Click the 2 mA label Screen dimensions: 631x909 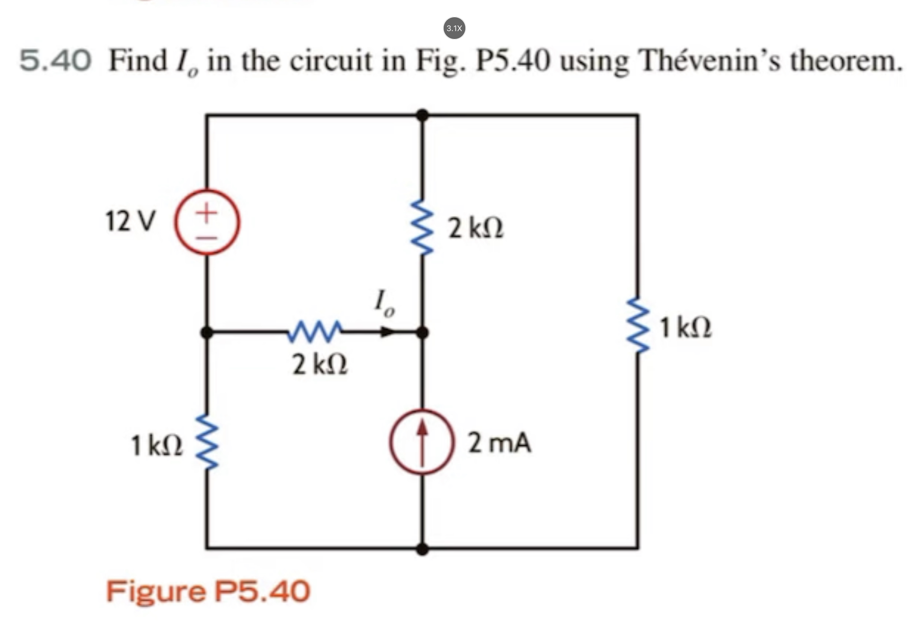(x=500, y=443)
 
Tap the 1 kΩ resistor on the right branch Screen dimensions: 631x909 (x=638, y=325)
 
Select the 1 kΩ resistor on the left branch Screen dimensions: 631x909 (x=207, y=441)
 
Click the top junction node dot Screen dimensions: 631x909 (x=422, y=115)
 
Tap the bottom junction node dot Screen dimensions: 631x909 (x=422, y=549)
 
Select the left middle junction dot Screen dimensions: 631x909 (x=207, y=332)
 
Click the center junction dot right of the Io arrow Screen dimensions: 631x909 (x=422, y=332)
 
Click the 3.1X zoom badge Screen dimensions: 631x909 (x=454, y=28)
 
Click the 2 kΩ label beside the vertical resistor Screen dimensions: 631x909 (x=475, y=229)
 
